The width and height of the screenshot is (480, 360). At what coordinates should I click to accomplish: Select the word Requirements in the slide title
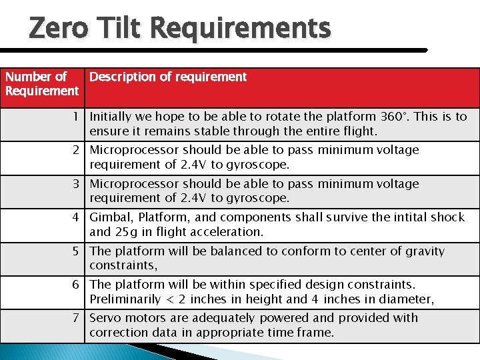tap(240, 29)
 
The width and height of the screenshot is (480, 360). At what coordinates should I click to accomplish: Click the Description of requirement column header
tap(168, 77)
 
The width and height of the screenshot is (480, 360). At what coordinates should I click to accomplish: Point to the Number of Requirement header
tap(41, 84)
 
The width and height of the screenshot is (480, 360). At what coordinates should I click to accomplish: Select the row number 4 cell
tap(77, 217)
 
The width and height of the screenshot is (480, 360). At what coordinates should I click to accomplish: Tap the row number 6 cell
tap(77, 285)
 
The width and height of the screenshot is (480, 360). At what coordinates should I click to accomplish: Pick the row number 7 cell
tap(77, 318)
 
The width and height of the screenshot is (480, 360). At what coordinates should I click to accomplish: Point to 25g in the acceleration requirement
tap(125, 232)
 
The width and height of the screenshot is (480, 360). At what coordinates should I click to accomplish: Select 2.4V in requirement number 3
tap(193, 198)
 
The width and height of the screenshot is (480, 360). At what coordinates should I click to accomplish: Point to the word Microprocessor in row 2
tap(134, 150)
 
